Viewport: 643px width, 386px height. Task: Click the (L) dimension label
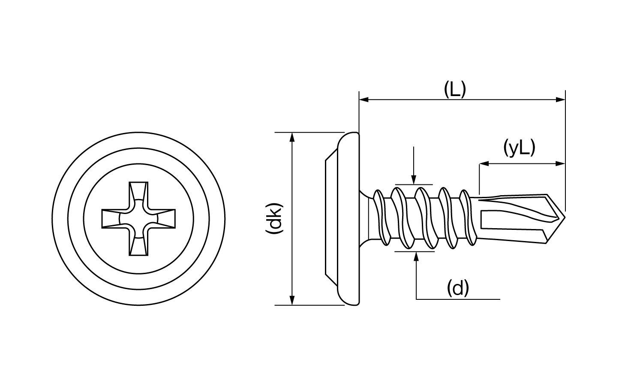(x=455, y=90)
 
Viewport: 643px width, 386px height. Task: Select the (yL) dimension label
(x=519, y=148)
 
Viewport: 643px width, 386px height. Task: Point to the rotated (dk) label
(x=274, y=218)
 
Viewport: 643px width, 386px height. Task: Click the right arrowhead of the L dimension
(x=561, y=100)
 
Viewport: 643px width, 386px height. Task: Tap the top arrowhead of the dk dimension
(x=292, y=137)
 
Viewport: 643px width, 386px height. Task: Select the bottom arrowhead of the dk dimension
(x=292, y=300)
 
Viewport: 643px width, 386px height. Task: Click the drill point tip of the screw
(x=565, y=218)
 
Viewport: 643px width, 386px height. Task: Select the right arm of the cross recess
(x=165, y=218)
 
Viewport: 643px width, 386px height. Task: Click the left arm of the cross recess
(x=111, y=218)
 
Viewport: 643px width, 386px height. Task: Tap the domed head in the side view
(x=348, y=219)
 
